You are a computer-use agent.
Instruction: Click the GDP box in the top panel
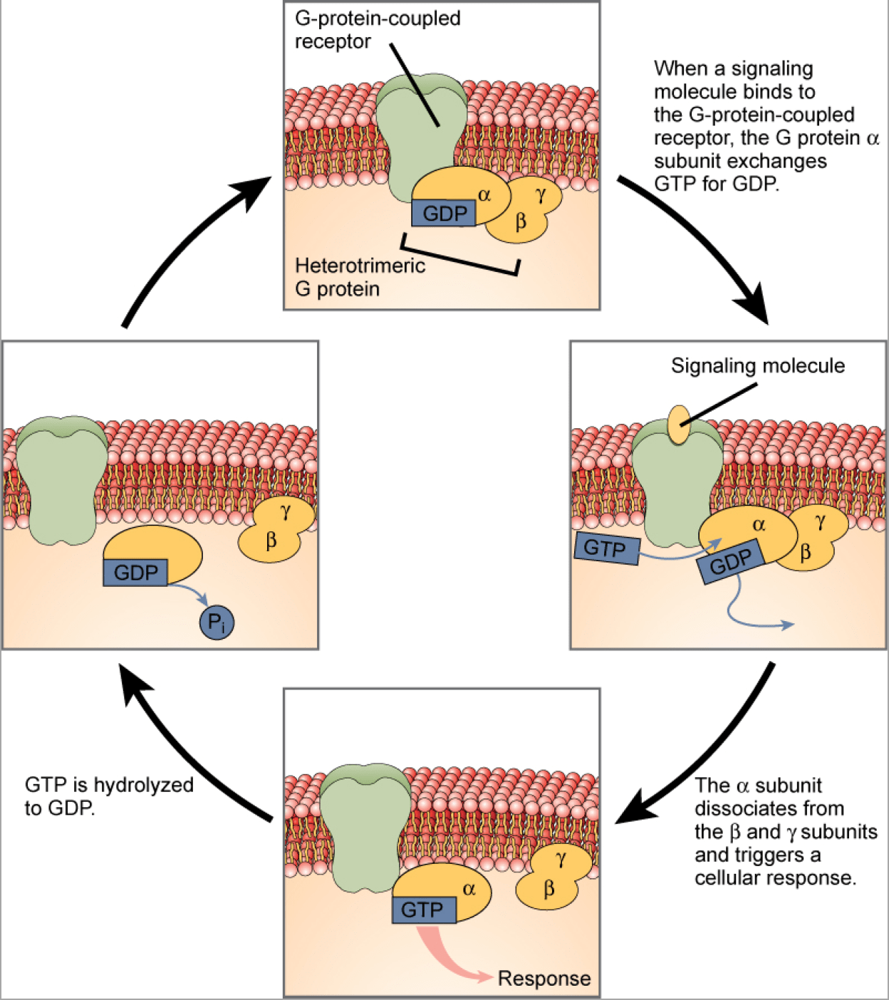coord(444,213)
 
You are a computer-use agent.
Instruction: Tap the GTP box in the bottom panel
coord(423,910)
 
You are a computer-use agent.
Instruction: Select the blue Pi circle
coord(216,623)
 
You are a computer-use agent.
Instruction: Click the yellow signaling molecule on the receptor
coord(679,425)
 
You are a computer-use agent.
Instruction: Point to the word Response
coord(544,979)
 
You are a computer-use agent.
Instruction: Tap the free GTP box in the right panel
coord(606,548)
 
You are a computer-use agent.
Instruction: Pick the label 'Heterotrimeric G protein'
coord(359,277)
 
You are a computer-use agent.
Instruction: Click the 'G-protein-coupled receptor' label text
coord(377,30)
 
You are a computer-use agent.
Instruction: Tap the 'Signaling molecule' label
coord(757,366)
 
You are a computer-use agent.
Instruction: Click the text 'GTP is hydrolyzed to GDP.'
coord(108,796)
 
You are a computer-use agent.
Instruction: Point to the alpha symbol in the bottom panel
coord(469,888)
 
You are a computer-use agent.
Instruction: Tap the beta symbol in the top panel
coord(521,222)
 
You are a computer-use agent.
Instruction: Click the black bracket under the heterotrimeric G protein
coord(459,259)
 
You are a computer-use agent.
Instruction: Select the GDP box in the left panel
coord(135,573)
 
